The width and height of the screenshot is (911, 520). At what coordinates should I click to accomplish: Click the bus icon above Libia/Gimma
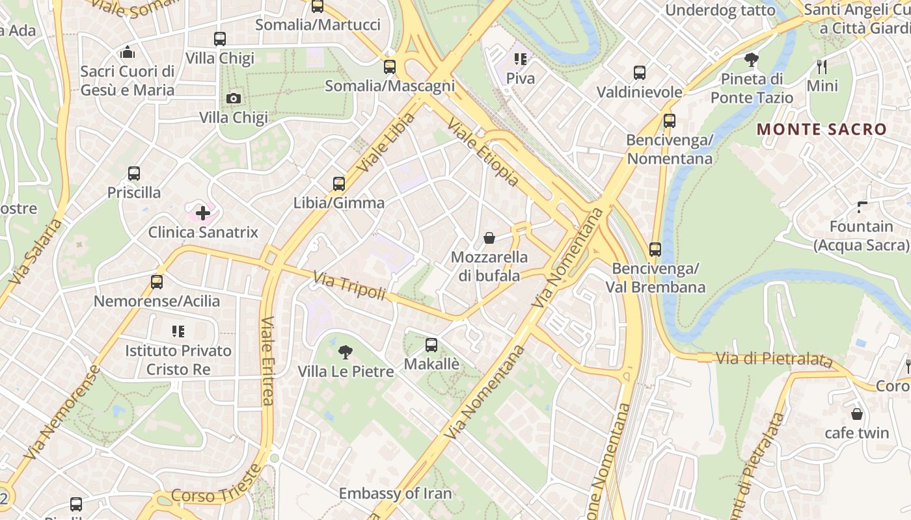tap(338, 184)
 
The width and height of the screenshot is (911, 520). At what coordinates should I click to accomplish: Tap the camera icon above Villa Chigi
tap(233, 98)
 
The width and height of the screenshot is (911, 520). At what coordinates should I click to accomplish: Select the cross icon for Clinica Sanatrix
tap(203, 213)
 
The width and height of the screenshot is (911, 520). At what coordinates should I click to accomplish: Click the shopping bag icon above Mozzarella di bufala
tap(489, 238)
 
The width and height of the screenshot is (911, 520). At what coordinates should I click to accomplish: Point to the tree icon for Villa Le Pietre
tap(346, 352)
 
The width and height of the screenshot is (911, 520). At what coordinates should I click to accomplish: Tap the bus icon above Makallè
tap(431, 345)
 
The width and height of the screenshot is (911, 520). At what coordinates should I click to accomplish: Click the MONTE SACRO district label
tap(822, 129)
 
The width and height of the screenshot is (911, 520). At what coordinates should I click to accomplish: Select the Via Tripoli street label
tap(349, 287)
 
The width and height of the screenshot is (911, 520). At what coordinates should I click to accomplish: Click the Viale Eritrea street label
tap(267, 361)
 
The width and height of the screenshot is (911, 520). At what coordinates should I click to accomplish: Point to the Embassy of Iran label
tap(395, 493)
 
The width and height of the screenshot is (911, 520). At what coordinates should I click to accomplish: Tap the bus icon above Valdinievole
tap(640, 73)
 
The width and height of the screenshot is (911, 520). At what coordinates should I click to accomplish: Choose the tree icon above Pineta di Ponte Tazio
tap(752, 60)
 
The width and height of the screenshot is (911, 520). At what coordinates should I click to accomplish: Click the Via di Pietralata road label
tap(774, 358)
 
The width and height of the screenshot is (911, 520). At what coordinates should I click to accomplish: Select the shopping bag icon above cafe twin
tap(857, 414)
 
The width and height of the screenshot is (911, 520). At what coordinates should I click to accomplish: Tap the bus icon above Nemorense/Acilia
tap(157, 282)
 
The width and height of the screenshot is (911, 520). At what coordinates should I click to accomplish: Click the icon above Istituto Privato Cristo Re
tap(178, 331)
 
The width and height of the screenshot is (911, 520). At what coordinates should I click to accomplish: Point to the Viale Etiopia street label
tap(483, 153)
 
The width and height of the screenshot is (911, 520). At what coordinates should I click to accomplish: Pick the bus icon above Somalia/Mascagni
tap(390, 66)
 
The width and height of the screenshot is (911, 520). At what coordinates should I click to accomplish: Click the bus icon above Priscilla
tap(134, 174)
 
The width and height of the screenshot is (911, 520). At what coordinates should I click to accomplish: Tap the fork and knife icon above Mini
tap(822, 66)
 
